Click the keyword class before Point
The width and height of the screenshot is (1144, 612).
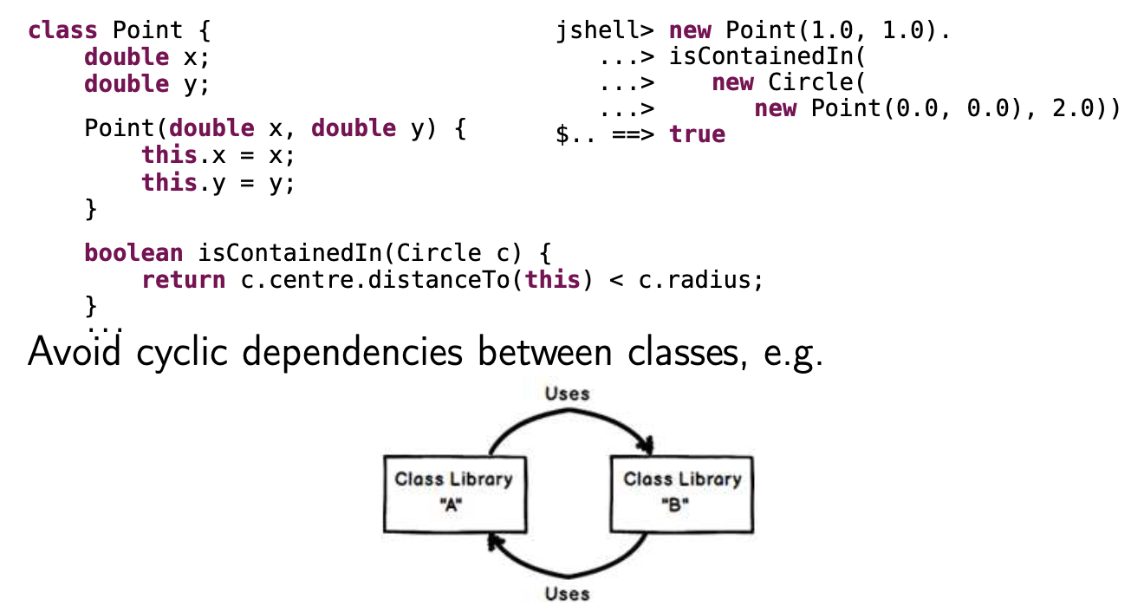pos(62,30)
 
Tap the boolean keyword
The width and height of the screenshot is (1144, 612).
pos(133,253)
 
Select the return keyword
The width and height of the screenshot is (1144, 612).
pos(184,280)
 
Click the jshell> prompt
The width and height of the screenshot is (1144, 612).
pos(605,30)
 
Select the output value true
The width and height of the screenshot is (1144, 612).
pos(697,134)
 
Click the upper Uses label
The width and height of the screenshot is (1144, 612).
pos(568,394)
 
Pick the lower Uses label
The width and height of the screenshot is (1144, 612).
pos(568,594)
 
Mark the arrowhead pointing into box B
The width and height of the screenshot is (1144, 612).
pos(645,446)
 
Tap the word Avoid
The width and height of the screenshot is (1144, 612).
pos(74,354)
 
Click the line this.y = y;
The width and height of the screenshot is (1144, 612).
pos(218,183)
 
